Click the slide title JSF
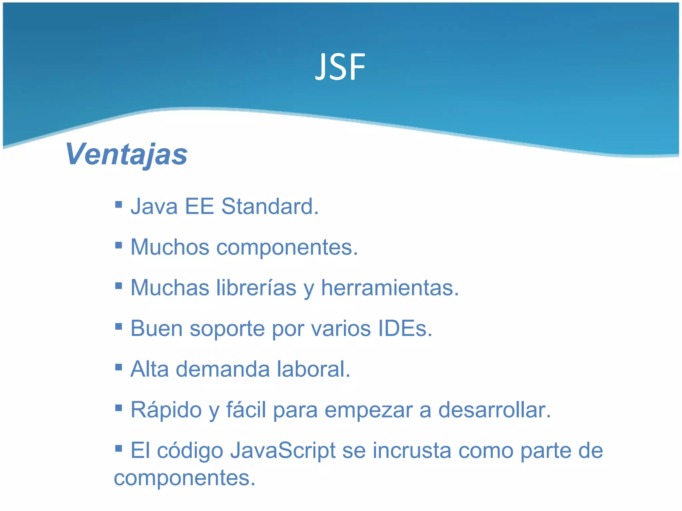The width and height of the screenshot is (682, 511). click(340, 68)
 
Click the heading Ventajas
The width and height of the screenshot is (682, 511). click(127, 154)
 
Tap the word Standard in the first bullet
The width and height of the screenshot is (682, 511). click(270, 207)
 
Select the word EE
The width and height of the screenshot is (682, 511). click(199, 207)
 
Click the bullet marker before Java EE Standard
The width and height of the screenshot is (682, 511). click(119, 204)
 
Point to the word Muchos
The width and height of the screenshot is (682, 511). click(170, 247)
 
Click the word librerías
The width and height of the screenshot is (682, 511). click(256, 288)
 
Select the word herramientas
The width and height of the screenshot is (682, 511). click(390, 288)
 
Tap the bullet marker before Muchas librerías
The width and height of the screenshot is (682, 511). click(119, 285)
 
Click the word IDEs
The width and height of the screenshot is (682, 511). click(405, 329)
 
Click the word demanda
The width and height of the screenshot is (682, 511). click(222, 369)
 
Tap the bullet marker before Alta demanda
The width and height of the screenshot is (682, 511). click(119, 367)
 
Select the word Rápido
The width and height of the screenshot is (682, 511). click(166, 410)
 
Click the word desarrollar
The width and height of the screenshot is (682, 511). click(494, 410)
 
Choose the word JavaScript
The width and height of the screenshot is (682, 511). click(283, 451)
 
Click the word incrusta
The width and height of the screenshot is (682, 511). click(412, 451)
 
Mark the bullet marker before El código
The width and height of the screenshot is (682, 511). click(119, 448)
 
